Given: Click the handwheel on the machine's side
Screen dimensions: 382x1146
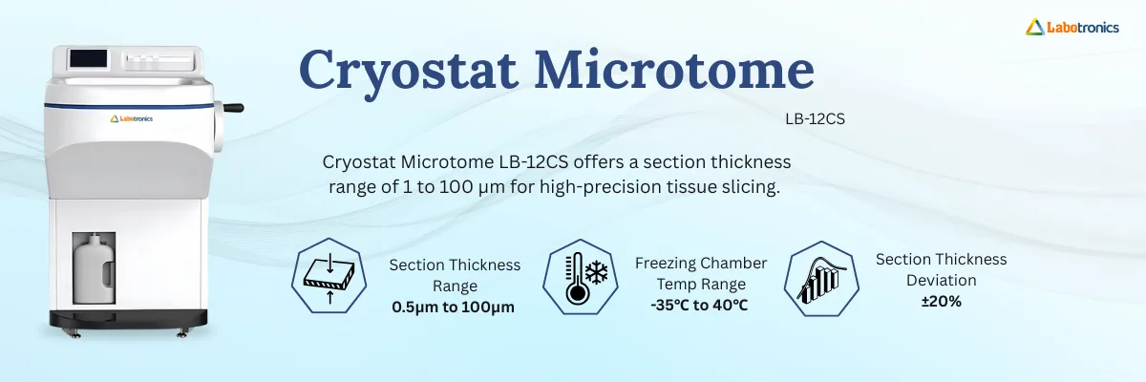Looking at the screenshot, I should pyautogui.click(x=231, y=108).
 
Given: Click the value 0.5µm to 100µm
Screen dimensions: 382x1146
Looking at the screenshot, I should pyautogui.click(x=454, y=307).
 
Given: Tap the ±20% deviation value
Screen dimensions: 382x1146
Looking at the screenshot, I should pyautogui.click(x=941, y=302).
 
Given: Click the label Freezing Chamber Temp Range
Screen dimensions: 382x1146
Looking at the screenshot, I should pyautogui.click(x=700, y=273).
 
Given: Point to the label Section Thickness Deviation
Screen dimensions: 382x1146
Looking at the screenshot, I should pyautogui.click(x=941, y=269).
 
